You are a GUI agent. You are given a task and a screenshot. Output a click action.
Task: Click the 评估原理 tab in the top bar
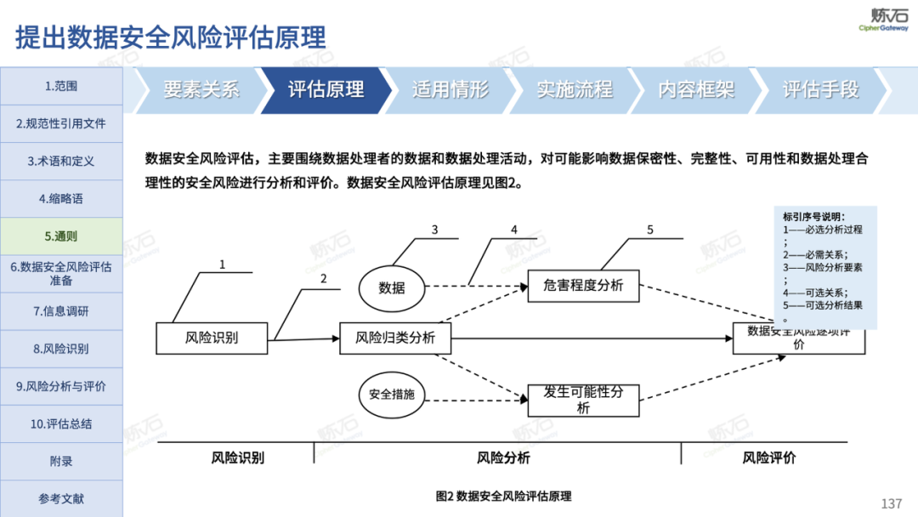pos(326,89)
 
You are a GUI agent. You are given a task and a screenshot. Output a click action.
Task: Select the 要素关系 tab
pos(201,89)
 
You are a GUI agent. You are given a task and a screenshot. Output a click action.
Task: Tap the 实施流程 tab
pos(575,89)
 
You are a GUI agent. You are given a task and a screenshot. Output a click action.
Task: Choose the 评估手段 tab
pos(821,89)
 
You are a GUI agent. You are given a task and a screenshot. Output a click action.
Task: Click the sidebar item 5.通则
pos(61,236)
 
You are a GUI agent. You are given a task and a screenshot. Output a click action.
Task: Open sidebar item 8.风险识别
pos(61,349)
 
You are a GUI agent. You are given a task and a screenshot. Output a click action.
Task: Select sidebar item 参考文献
pos(61,498)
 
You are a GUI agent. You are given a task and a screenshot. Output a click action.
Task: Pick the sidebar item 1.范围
pos(61,86)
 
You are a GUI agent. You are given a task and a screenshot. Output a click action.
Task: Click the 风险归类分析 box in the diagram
pos(395,338)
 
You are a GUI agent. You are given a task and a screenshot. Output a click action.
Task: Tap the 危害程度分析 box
pos(583,286)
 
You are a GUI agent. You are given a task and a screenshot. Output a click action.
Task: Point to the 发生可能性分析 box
pos(583,400)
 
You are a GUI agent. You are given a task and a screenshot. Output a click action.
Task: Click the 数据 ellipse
pos(392,288)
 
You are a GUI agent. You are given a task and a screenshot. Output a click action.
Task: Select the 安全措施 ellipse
pos(392,395)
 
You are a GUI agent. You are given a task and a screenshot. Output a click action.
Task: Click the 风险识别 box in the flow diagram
pos(212,338)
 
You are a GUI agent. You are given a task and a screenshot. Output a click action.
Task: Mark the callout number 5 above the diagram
pos(650,230)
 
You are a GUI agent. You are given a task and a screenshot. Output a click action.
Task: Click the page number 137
pos(892,504)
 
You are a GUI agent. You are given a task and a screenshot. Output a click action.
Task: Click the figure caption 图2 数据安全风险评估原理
pos(503,497)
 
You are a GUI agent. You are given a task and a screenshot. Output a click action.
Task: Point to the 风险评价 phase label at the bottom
pos(769,457)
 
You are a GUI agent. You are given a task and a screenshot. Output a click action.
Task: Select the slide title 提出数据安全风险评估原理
pos(171,38)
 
